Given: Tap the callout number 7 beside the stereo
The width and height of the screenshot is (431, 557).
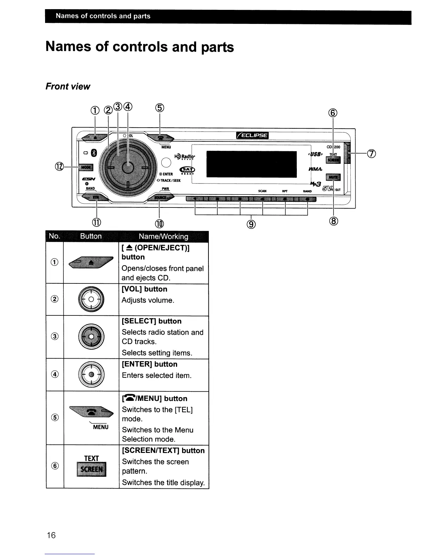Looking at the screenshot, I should point(371,154).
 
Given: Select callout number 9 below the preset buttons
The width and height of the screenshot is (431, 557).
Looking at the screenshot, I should point(251,224).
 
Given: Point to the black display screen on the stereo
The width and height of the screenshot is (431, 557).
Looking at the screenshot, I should point(251,164).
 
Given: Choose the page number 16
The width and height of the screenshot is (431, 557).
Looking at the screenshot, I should point(51,535).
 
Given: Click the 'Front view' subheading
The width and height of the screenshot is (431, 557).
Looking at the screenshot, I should point(68,87).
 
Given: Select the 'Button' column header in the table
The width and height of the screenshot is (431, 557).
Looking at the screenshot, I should point(91,236).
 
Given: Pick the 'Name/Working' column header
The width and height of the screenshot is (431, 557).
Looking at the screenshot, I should point(163,236).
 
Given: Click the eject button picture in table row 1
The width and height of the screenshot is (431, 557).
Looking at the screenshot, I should point(91,262).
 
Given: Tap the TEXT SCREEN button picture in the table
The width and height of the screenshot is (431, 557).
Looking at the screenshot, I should point(91,466).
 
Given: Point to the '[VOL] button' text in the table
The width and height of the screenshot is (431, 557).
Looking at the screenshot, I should point(144,289).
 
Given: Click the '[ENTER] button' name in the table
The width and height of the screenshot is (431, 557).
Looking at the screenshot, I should point(149,364).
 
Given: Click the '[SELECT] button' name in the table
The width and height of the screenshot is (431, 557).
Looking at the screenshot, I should point(151,321).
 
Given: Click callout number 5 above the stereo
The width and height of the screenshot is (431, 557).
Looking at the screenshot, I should point(160,108).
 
